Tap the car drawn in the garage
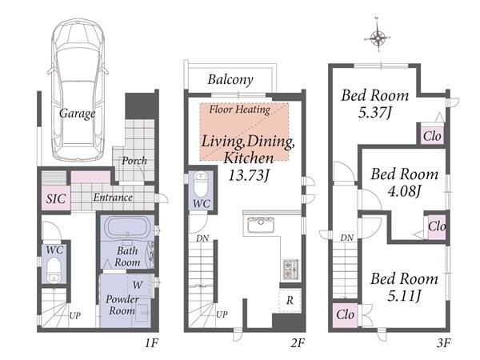coord(78,90)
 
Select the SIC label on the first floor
coord(56,198)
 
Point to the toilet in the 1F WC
coord(54,270)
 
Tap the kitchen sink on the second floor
coord(261,225)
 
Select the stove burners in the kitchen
coord(290,269)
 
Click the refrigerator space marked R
coord(290,300)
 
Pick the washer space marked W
coord(138,285)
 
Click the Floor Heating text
coord(239,110)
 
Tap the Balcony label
coord(230,79)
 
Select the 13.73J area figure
coord(249,175)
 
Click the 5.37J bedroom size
coord(374,113)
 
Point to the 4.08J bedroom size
coord(404,192)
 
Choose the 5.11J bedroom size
coord(404,296)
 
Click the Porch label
coord(134,161)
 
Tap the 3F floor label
coord(443,343)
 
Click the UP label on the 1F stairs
coord(74,315)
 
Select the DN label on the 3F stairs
coord(347,238)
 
